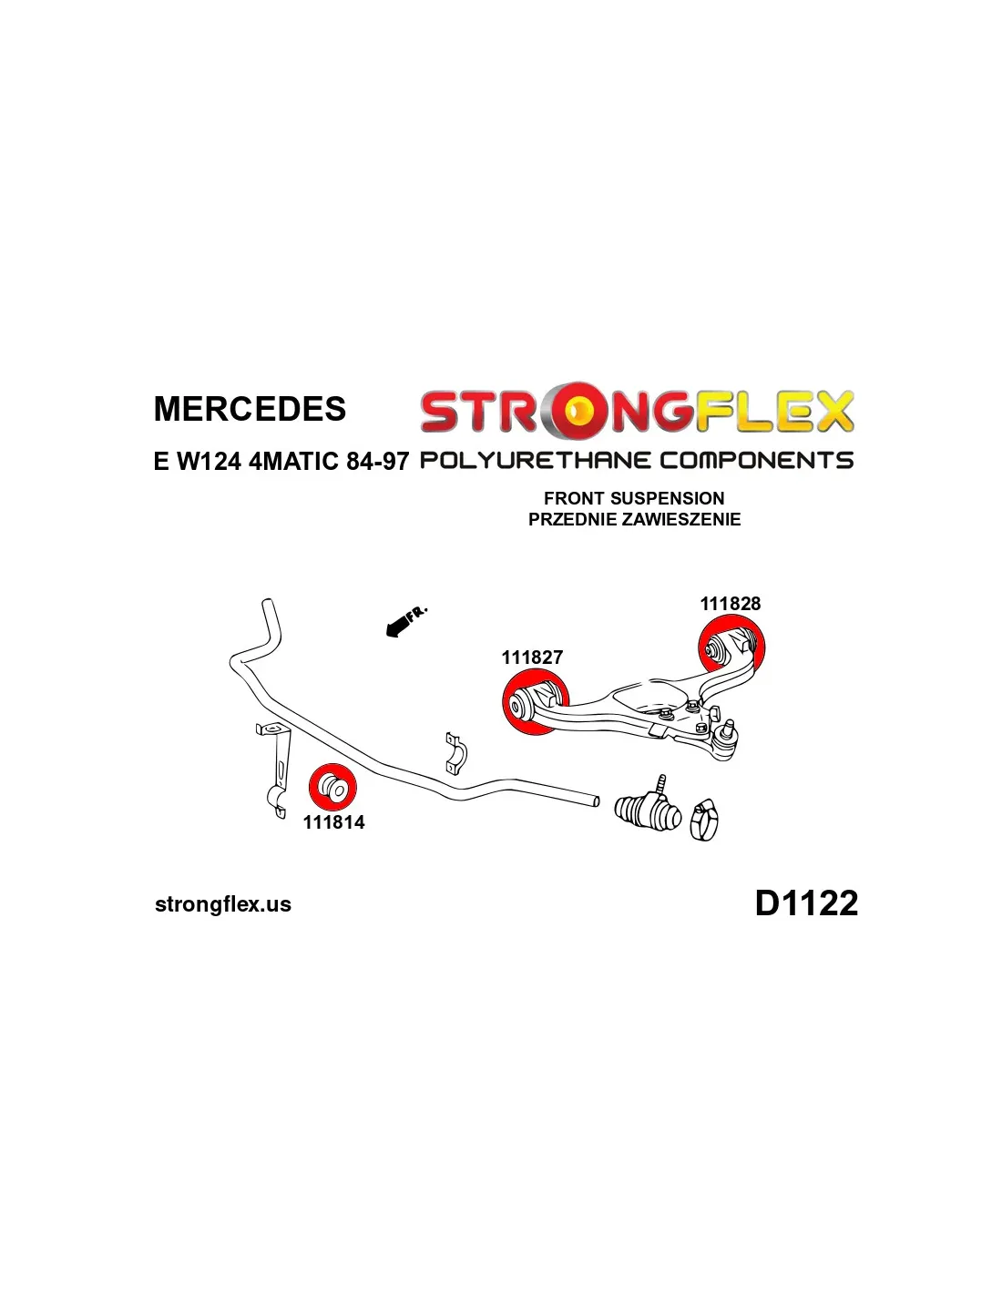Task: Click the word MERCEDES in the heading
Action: click(250, 409)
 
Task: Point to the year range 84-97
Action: click(377, 461)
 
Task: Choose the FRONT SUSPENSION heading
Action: click(634, 498)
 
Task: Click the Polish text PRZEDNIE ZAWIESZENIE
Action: click(634, 519)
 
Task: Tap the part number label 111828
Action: click(730, 604)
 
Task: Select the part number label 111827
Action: click(532, 658)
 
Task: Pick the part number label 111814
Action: click(333, 822)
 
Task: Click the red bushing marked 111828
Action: click(731, 646)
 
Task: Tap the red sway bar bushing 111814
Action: click(332, 788)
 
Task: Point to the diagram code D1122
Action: click(806, 903)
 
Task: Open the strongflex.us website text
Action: click(223, 904)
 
